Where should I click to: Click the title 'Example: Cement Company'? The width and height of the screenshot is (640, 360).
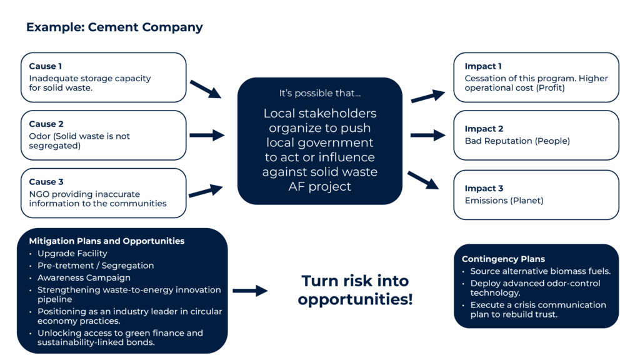tap(114, 27)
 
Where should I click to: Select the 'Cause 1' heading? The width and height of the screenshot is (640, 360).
tap(45, 66)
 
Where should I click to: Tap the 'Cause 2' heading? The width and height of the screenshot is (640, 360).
tap(46, 124)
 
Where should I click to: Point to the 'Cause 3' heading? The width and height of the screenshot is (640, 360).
tap(46, 182)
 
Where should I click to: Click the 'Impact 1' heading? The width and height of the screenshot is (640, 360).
tap(483, 66)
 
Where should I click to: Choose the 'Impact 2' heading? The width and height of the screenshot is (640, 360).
tap(484, 129)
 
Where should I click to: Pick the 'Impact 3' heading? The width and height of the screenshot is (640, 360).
tap(484, 189)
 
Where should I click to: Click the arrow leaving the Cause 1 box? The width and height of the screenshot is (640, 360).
tap(206, 89)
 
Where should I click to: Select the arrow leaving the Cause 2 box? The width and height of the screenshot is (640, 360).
tap(207, 135)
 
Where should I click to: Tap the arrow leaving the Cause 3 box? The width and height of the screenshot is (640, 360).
tap(206, 191)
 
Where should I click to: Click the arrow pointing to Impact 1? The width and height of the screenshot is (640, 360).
tap(428, 96)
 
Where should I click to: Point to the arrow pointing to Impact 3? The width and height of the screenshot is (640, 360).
tap(423, 181)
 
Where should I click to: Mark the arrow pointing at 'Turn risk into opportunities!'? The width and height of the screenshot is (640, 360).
tap(250, 291)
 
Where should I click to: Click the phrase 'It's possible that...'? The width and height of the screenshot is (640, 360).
tap(319, 94)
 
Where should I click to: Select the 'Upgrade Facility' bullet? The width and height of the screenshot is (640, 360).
tap(72, 254)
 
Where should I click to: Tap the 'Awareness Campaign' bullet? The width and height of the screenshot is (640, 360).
tap(84, 277)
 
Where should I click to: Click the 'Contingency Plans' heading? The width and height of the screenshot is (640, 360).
tap(503, 259)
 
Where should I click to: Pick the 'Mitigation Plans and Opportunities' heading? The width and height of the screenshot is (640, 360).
tap(106, 241)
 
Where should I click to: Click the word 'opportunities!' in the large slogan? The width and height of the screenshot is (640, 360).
tap(355, 299)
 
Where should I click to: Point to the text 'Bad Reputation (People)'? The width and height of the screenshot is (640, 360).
tap(517, 141)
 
